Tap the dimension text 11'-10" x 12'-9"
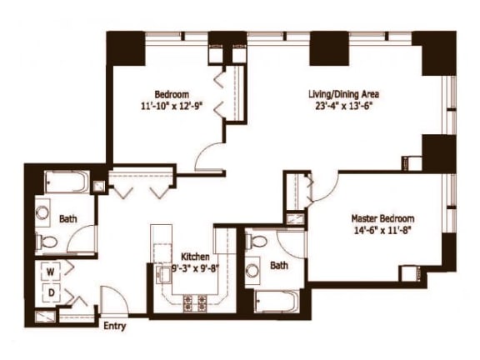pos(172,107)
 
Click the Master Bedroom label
pos(382,219)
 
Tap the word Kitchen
pos(197,257)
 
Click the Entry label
pos(114,326)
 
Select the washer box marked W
pos(49,272)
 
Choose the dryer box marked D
pos(49,292)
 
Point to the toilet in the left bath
pos(48,242)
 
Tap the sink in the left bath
pos(42,213)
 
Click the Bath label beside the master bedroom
pos(279,267)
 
